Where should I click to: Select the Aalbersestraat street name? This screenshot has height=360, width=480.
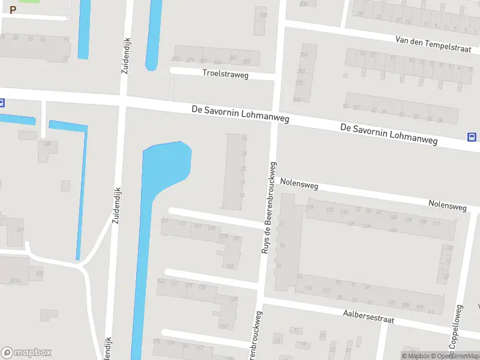pyautogui.click(x=368, y=316)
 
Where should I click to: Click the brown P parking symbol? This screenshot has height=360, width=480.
pyautogui.click(x=13, y=10)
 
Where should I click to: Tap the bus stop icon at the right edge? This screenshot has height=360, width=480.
pyautogui.click(x=472, y=137)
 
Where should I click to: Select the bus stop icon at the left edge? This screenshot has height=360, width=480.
pyautogui.click(x=2, y=103)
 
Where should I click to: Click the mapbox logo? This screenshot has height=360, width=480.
pyautogui.click(x=26, y=353)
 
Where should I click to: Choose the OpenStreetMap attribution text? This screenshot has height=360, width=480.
pyautogui.click(x=458, y=356)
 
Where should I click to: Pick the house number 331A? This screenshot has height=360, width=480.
pyautogui.click(x=15, y=280)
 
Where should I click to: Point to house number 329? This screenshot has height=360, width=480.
pyautogui.click(x=19, y=230)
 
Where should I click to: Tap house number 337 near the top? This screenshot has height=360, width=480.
pyautogui.click(x=262, y=15)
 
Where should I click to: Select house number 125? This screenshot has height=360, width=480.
pyautogui.click(x=229, y=266)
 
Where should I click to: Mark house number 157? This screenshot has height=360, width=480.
pyautogui.click(x=224, y=326)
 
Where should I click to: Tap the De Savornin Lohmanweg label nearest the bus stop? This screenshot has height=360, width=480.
pyautogui.click(x=389, y=135)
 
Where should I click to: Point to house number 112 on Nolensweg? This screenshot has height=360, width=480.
pyautogui.click(x=436, y=223)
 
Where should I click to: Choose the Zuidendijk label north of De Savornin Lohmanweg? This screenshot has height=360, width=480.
pyautogui.click(x=126, y=55)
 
